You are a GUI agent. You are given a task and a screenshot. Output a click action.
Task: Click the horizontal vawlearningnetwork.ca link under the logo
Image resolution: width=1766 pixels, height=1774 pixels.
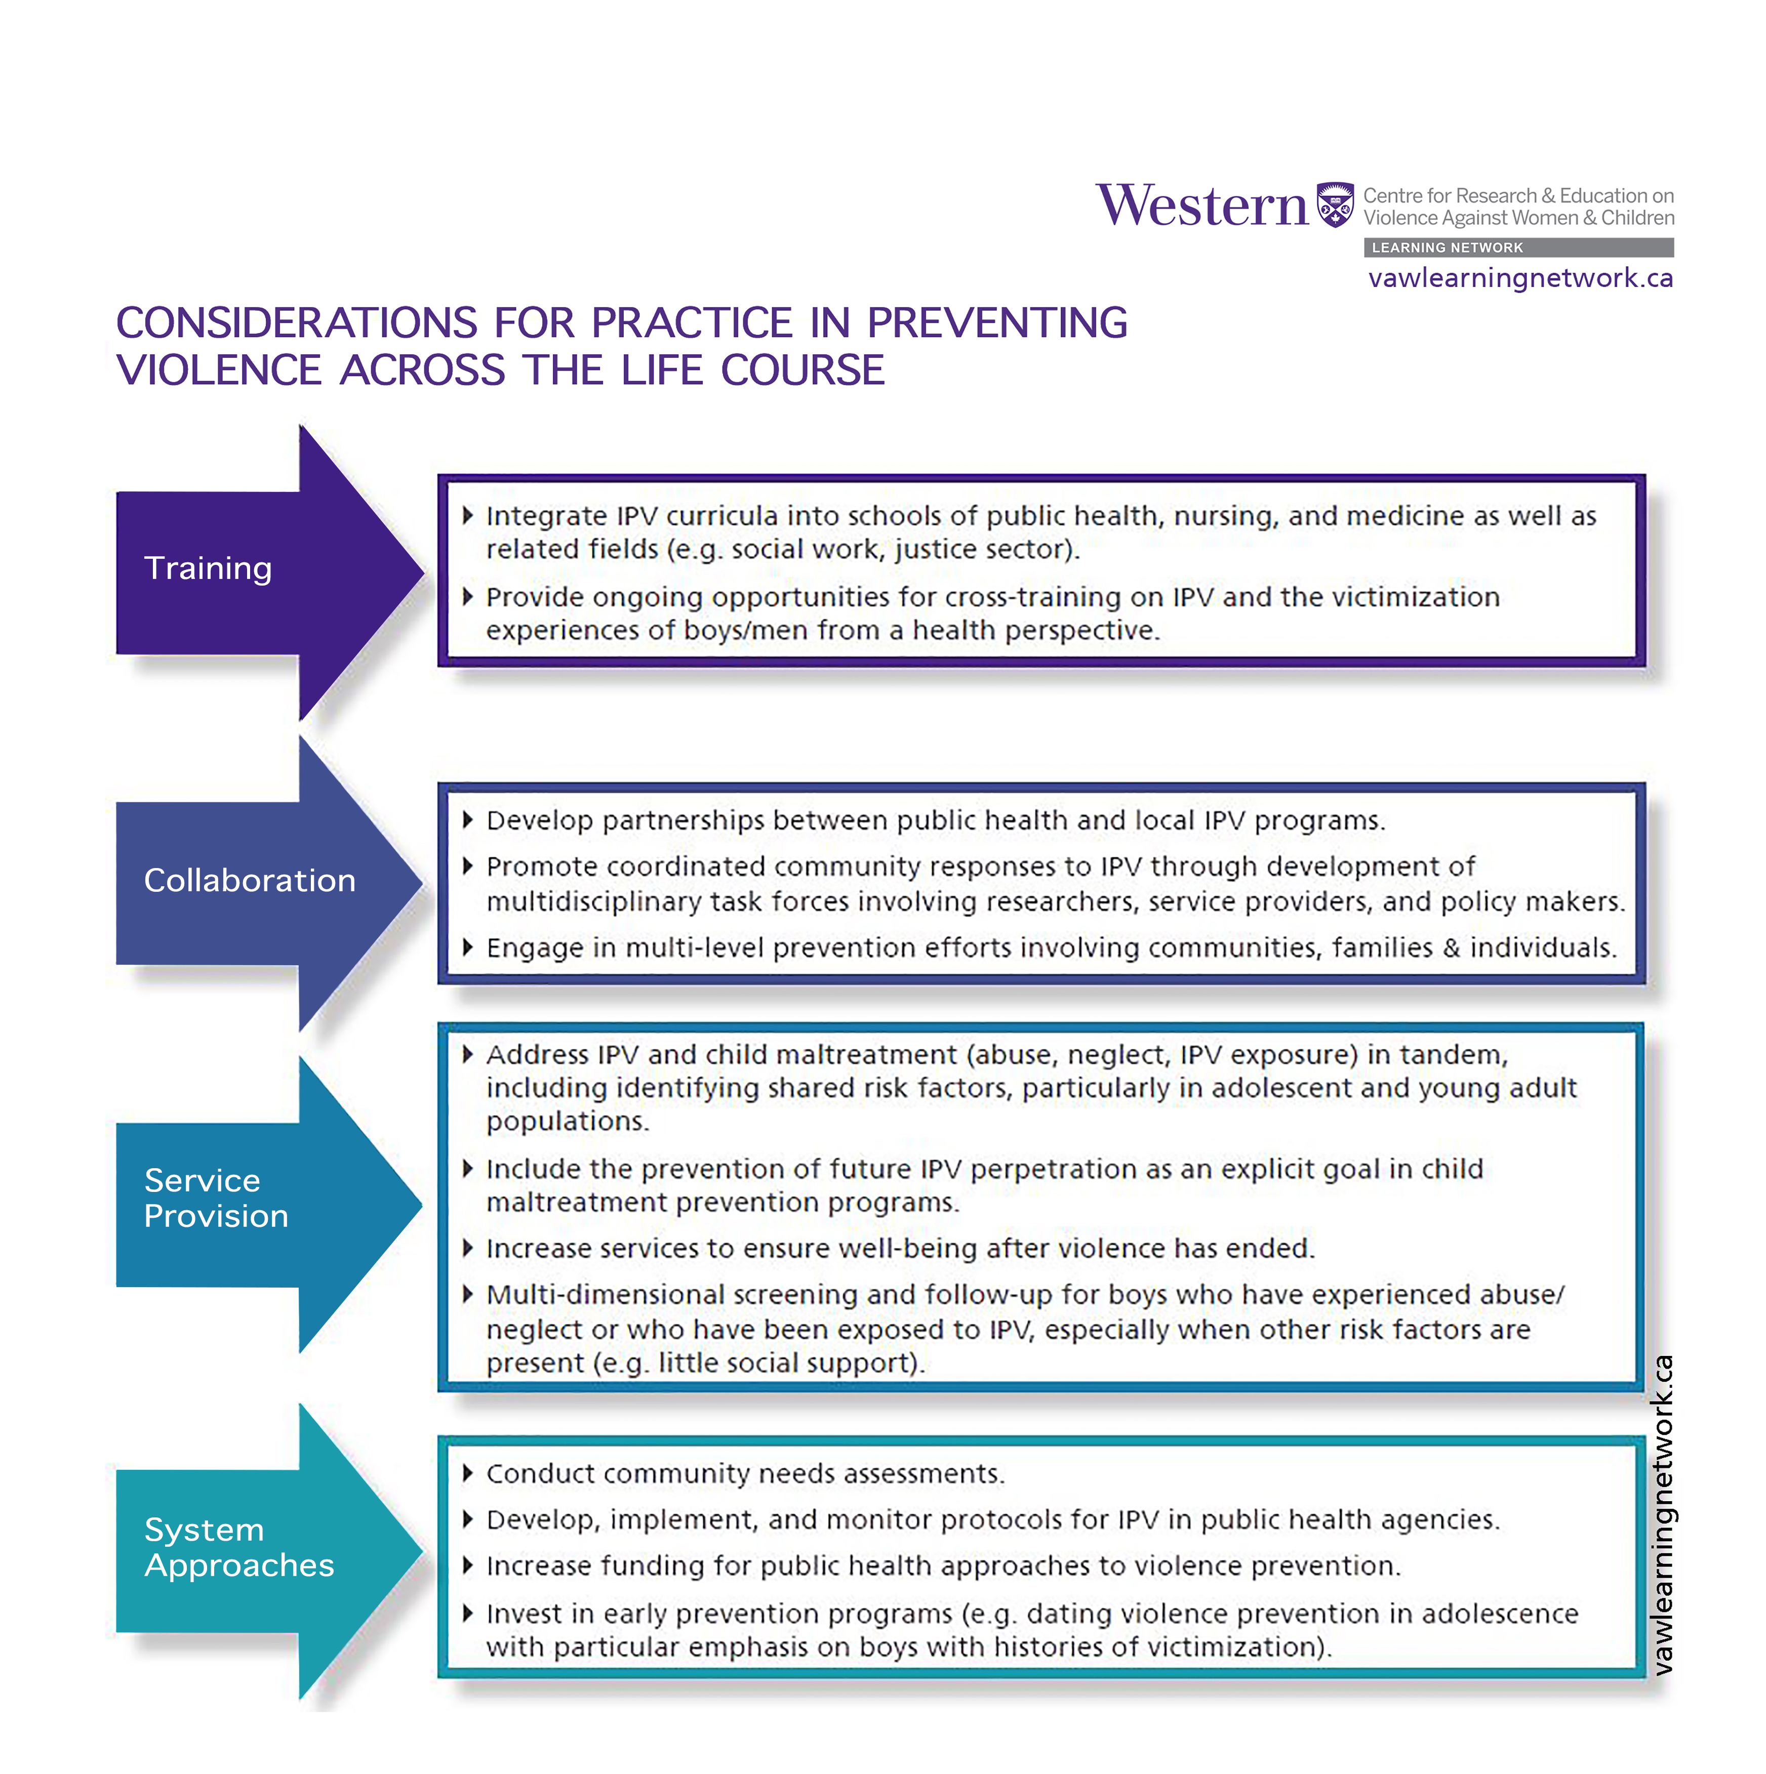click(1520, 278)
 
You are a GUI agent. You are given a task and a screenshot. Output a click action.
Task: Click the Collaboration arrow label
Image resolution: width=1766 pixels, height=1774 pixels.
click(249, 881)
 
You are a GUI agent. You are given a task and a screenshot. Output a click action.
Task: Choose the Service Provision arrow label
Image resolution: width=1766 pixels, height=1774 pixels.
click(216, 1199)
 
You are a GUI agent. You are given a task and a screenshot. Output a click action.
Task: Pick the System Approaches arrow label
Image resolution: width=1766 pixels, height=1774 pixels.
click(239, 1547)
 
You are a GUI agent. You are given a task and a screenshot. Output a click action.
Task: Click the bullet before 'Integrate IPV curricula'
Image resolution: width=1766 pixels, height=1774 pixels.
click(467, 515)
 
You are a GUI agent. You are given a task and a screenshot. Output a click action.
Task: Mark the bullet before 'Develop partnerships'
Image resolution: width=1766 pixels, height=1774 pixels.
click(467, 820)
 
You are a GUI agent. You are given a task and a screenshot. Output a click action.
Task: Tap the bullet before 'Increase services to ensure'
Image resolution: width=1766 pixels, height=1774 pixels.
click(467, 1248)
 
